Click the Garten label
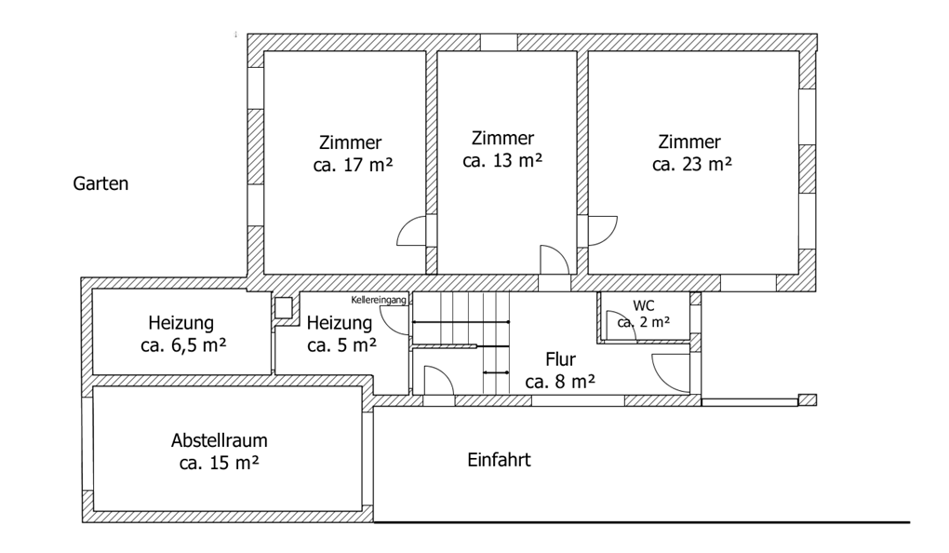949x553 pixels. (x=100, y=184)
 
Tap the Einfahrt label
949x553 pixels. (x=499, y=460)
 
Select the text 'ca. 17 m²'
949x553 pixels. (x=350, y=166)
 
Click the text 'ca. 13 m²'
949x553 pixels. (x=502, y=160)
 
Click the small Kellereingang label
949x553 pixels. (x=379, y=300)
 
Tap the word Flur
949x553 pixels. (x=561, y=359)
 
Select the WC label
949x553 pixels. (x=644, y=304)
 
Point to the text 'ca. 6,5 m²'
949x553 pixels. (x=180, y=344)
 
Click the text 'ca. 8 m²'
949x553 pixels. (x=560, y=382)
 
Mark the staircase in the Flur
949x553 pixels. (x=461, y=343)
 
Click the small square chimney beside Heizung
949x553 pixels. (x=283, y=306)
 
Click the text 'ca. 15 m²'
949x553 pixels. (x=220, y=463)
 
